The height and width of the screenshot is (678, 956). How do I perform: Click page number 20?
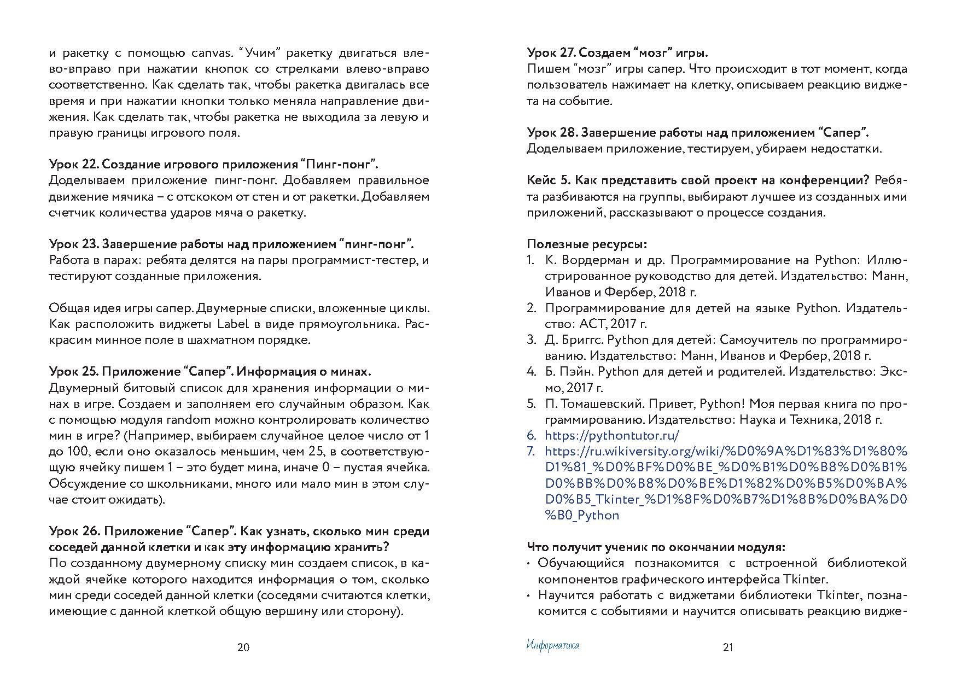point(243,648)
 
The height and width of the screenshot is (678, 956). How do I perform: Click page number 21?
point(727,648)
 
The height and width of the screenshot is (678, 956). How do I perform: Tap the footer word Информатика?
point(552,646)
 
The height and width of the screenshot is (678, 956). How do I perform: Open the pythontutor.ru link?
point(612,436)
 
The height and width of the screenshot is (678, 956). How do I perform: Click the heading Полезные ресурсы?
point(587,244)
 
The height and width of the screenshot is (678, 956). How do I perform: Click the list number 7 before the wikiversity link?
point(531,452)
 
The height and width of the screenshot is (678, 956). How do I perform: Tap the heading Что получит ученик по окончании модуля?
point(656,547)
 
